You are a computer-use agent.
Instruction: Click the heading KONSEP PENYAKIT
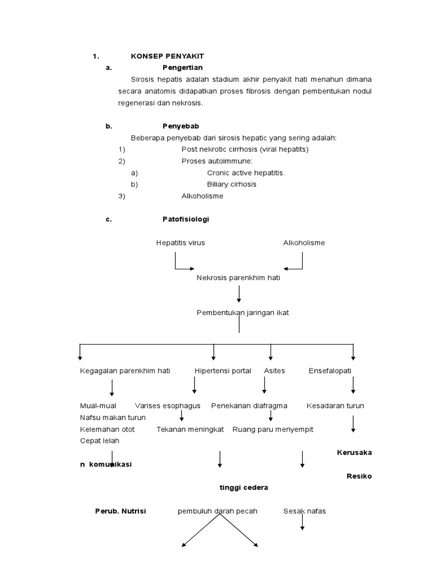167,56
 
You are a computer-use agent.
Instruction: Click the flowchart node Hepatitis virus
181,243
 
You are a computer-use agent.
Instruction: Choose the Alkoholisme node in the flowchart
304,243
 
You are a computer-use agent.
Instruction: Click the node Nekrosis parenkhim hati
238,278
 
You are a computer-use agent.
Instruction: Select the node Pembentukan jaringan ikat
242,313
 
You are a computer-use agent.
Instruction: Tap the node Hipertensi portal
223,371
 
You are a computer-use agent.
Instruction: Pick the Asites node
274,371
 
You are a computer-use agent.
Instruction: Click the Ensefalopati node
330,371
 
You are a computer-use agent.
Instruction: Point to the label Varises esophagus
168,406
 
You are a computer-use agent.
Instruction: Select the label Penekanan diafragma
249,406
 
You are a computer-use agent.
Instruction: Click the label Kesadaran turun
335,406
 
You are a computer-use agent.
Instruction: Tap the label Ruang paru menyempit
273,429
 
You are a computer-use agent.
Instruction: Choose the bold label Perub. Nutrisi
120,511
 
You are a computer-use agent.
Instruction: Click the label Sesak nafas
304,511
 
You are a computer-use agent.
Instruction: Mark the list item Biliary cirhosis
232,184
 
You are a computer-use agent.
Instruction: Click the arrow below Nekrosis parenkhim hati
239,294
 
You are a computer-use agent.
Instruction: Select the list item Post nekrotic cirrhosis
245,150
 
